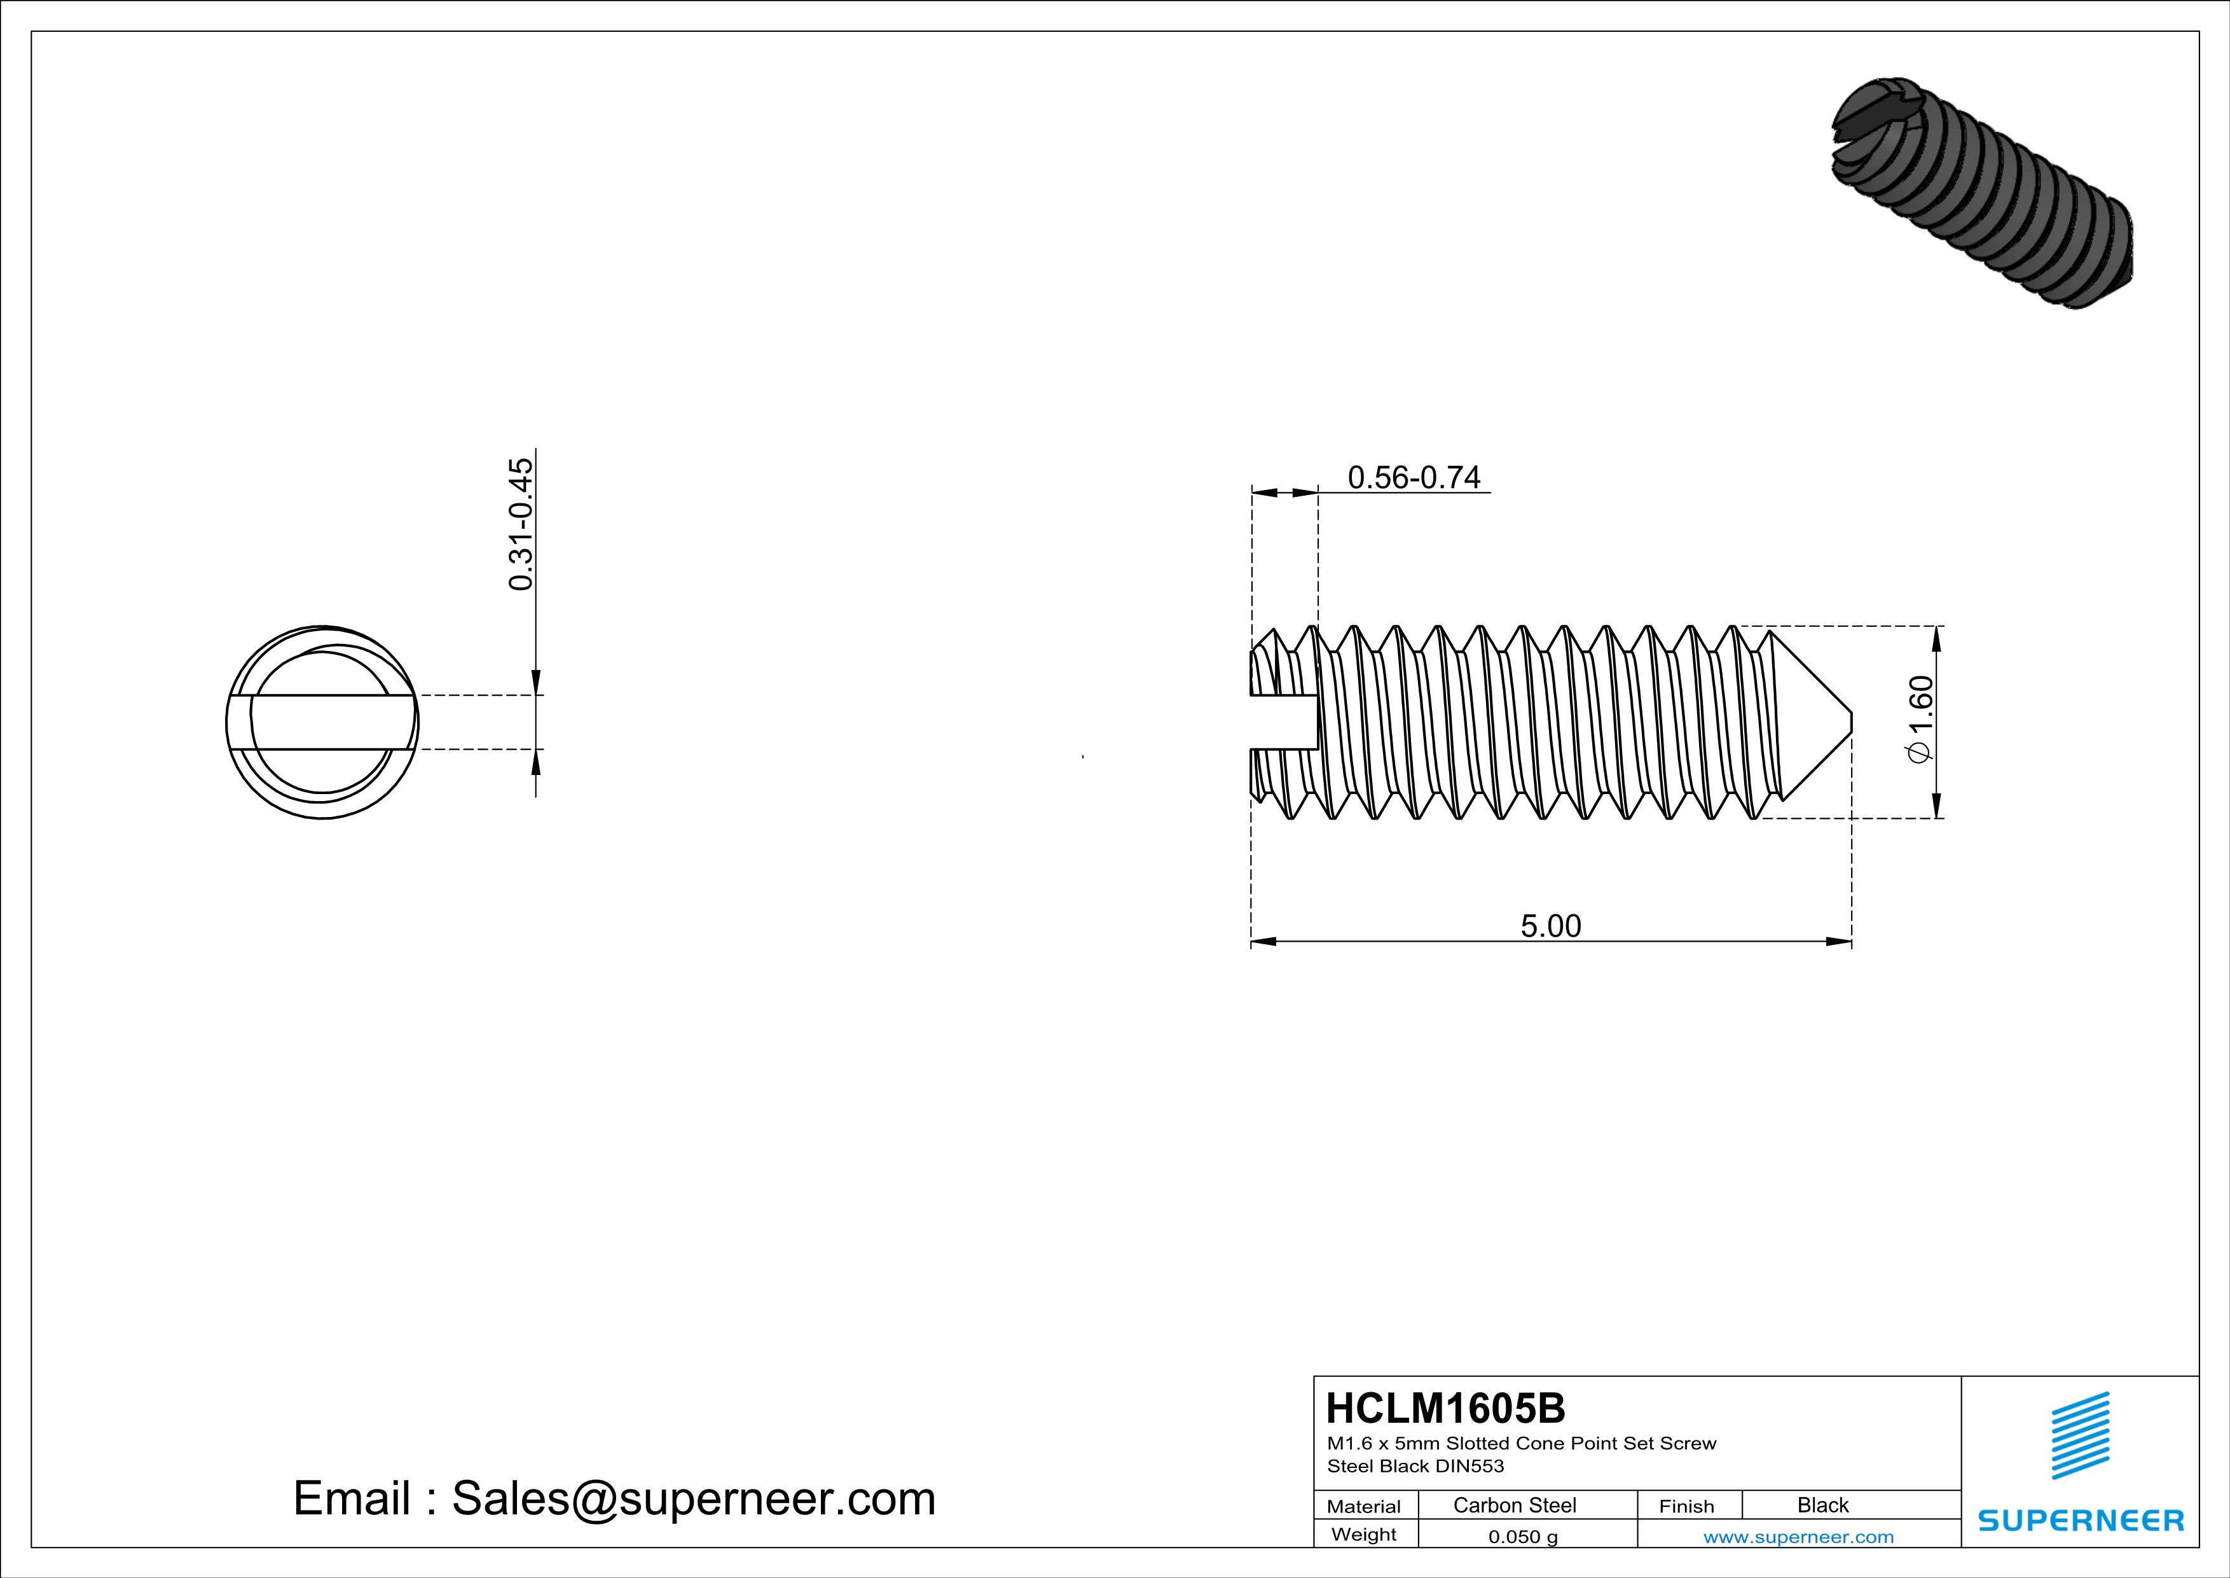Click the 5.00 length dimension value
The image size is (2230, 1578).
pyautogui.click(x=1550, y=926)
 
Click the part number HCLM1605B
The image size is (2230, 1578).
pyautogui.click(x=1445, y=1408)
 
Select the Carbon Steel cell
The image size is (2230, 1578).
pyautogui.click(x=1514, y=1505)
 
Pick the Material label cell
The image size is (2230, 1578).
pyautogui.click(x=1364, y=1506)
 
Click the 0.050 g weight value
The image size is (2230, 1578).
pyautogui.click(x=1522, y=1536)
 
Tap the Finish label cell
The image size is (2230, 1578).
pyautogui.click(x=1686, y=1506)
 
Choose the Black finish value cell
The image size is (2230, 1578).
pyautogui.click(x=1822, y=1505)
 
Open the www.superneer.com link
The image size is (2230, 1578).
pyautogui.click(x=1798, y=1536)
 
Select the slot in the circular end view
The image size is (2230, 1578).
pyautogui.click(x=322, y=722)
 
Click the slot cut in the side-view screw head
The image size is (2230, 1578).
pyautogui.click(x=1282, y=722)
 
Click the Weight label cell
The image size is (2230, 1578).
pyautogui.click(x=1364, y=1534)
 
